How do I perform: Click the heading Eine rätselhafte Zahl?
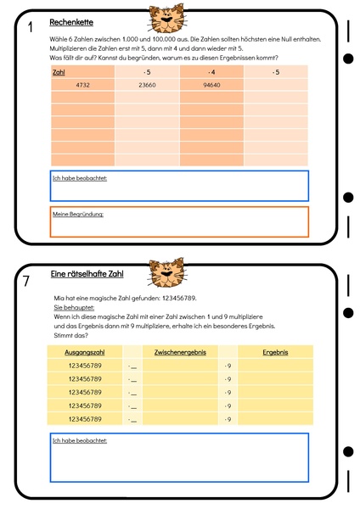pyautogui.click(x=87, y=275)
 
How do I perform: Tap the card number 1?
pyautogui.click(x=30, y=29)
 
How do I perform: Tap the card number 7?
pyautogui.click(x=28, y=281)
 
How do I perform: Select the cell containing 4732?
pyautogui.click(x=82, y=85)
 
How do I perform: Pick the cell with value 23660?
pyautogui.click(x=147, y=85)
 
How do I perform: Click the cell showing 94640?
pyautogui.click(x=211, y=85)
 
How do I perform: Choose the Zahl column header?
pyautogui.click(x=59, y=72)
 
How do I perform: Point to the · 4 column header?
pyautogui.click(x=211, y=72)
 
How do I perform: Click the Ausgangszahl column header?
pyautogui.click(x=84, y=350)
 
